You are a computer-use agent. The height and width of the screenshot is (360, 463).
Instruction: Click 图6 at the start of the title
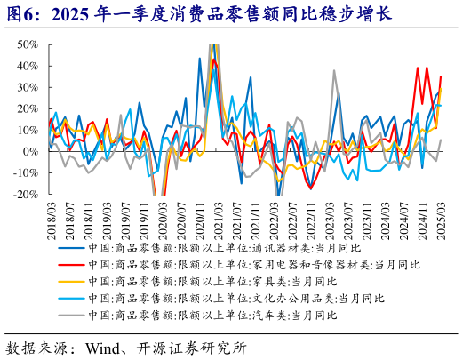(21, 12)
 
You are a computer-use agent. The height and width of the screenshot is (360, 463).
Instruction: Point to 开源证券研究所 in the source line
(197, 347)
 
